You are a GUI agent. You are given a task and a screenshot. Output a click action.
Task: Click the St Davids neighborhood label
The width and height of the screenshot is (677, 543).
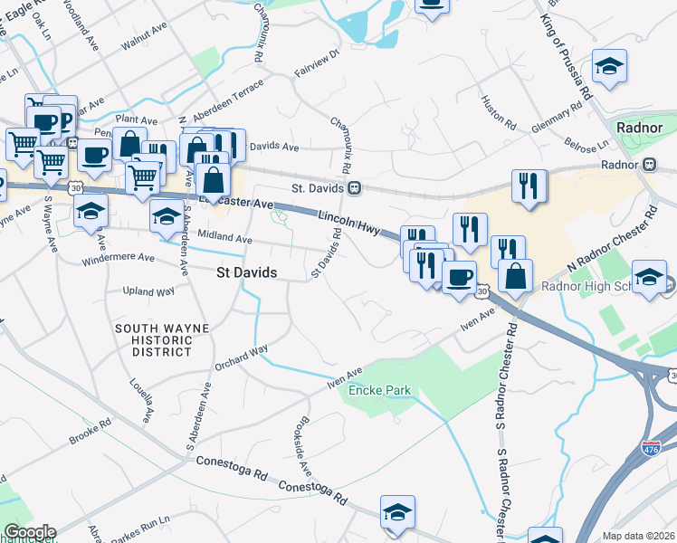point(244,271)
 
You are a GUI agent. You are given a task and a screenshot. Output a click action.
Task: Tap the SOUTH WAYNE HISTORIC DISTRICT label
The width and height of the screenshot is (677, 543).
point(154,338)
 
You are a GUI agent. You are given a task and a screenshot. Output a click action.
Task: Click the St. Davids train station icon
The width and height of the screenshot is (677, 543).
point(356,188)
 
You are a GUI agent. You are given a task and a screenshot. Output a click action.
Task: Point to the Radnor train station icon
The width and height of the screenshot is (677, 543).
point(648,166)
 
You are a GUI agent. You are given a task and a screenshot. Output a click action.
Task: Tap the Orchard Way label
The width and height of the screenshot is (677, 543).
point(242,357)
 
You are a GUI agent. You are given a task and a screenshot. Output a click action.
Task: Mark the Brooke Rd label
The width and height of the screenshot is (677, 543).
point(90,433)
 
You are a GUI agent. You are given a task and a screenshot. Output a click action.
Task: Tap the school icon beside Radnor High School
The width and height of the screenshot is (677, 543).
point(649,276)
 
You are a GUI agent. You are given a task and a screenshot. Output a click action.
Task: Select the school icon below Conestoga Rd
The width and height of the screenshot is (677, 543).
point(398,512)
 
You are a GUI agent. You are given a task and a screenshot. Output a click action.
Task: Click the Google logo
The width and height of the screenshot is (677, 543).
point(30,532)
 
